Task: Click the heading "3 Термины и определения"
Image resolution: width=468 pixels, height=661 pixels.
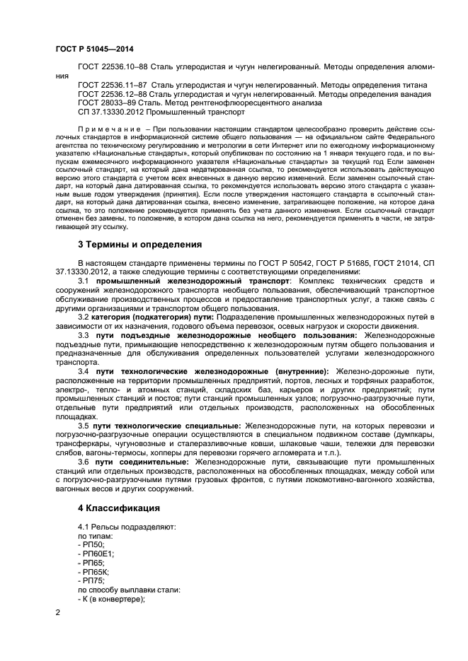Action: click(139, 245)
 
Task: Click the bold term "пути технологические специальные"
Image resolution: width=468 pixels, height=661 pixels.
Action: click(166, 425)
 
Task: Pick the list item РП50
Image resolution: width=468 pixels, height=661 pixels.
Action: click(92, 544)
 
